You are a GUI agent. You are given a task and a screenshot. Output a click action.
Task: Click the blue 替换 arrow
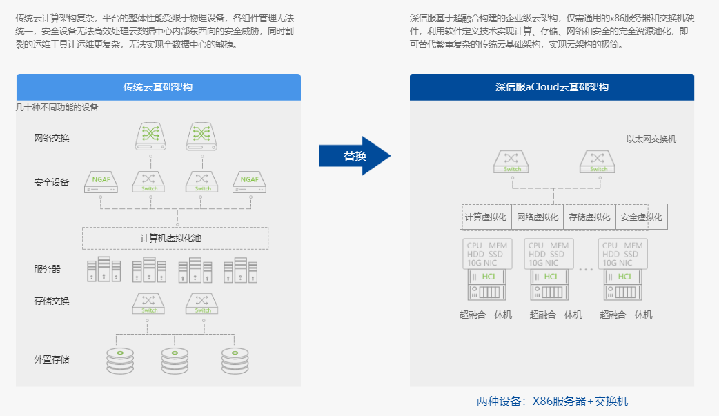tap(355, 155)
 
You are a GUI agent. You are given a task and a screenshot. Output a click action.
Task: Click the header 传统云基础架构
tap(158, 87)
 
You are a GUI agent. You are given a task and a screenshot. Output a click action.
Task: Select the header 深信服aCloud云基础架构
tap(551, 87)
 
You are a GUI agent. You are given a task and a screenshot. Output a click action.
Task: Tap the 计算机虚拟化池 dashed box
tap(175, 238)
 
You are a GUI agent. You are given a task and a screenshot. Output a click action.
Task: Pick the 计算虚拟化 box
tap(486, 217)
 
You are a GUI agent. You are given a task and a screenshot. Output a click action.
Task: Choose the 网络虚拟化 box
tap(538, 217)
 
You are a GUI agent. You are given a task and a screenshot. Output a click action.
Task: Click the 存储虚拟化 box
tap(589, 217)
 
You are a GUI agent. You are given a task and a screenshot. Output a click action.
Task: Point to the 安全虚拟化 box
tap(642, 217)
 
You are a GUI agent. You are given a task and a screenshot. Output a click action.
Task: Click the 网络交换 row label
tap(51, 138)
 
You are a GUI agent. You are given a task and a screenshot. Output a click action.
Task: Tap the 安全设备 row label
tap(51, 182)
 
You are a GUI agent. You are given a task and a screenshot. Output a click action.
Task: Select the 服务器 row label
tap(47, 269)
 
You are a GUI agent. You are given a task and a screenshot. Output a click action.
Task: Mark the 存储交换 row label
tap(51, 301)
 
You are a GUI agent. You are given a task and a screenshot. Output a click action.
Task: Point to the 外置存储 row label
tap(51, 359)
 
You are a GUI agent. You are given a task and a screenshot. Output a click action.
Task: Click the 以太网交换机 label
tap(651, 139)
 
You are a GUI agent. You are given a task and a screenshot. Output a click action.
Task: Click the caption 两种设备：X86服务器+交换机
tap(552, 402)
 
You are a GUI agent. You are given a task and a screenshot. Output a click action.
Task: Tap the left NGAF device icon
tap(101, 182)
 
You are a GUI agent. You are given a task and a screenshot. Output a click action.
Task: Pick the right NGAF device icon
tap(250, 182)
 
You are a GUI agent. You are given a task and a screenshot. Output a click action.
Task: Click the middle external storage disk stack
tap(175, 361)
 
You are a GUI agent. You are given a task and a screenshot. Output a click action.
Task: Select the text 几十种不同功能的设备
tap(57, 108)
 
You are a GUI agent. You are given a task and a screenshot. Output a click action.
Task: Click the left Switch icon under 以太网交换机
tap(511, 161)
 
